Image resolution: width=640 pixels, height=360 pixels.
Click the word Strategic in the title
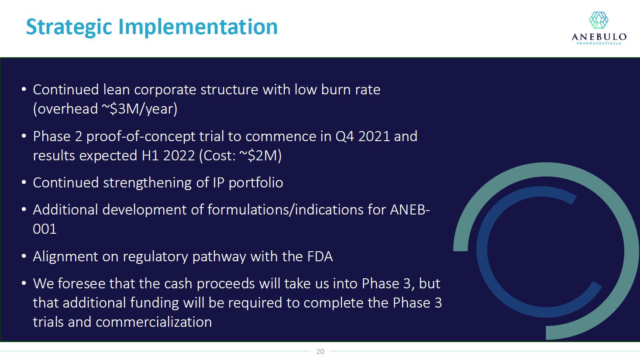pyautogui.click(x=69, y=28)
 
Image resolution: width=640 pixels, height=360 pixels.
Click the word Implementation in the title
pyautogui.click(x=198, y=28)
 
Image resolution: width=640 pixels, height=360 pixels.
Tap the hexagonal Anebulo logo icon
pyautogui.click(x=599, y=20)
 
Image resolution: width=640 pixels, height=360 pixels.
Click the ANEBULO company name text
pyautogui.click(x=599, y=37)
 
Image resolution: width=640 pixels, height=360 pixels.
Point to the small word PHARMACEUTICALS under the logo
pyautogui.click(x=599, y=43)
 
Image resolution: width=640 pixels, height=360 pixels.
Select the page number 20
pyautogui.click(x=320, y=351)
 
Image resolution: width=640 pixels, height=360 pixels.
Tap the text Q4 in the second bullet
pyautogui.click(x=344, y=136)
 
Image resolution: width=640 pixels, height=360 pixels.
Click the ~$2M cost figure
pyautogui.click(x=260, y=156)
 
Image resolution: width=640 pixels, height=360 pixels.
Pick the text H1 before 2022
pyautogui.click(x=150, y=156)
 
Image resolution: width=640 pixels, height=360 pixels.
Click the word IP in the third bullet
pyautogui.click(x=219, y=183)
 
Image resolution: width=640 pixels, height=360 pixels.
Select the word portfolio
pyautogui.click(x=256, y=183)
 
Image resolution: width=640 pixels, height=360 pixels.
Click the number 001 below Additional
pyautogui.click(x=45, y=229)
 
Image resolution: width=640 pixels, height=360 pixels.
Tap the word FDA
pyautogui.click(x=320, y=256)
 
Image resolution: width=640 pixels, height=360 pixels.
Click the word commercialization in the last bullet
pyautogui.click(x=154, y=322)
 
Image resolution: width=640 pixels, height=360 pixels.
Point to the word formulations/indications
pyautogui.click(x=286, y=210)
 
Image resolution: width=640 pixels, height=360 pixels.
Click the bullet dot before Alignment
pyautogui.click(x=24, y=256)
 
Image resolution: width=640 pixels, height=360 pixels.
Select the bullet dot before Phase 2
pyautogui.click(x=24, y=136)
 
